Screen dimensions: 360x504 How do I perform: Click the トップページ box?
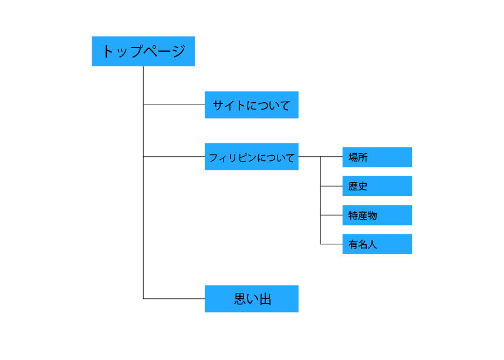pos(143,51)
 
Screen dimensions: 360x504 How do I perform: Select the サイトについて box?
pos(251,105)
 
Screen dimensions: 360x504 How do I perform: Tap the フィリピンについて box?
pos(251,157)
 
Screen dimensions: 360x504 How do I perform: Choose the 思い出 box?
pos(251,298)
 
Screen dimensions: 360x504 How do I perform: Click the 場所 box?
pos(377,157)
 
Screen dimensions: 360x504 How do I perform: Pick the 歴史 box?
pos(377,186)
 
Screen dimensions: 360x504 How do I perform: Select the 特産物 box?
pos(377,215)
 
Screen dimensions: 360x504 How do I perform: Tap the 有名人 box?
pos(377,244)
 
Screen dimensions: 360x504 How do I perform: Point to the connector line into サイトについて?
pos(174,105)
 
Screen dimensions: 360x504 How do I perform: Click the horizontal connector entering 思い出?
pos(174,299)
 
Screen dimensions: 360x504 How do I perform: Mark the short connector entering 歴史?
pos(331,186)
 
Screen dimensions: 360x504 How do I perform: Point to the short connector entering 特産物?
pos(331,215)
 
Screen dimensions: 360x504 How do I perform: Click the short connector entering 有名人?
pos(331,244)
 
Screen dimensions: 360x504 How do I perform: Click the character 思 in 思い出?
pos(240,299)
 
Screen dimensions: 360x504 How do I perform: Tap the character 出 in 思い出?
pos(265,299)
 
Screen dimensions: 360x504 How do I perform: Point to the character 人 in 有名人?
pos(373,244)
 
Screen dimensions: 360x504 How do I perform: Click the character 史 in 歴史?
pos(363,186)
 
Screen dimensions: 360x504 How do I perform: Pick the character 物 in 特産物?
pos(373,216)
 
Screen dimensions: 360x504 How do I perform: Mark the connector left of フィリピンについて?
pos(174,157)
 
